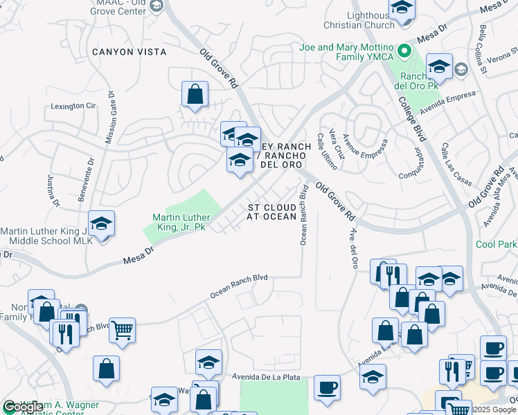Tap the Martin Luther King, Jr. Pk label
click(179, 221)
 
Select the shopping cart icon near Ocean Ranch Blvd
click(122, 331)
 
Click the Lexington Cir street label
click(73, 106)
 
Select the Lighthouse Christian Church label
click(359, 20)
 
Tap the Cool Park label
click(496, 244)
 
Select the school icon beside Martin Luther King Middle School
click(101, 224)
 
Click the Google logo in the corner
click(23, 407)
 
